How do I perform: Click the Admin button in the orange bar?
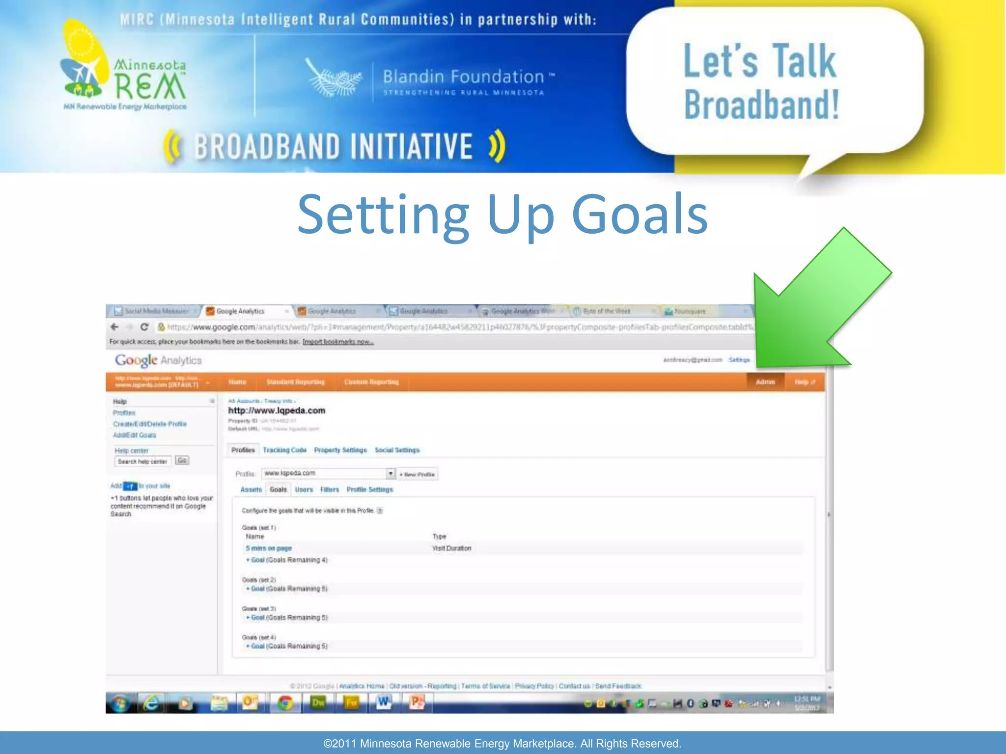point(765,382)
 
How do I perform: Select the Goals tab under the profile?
point(278,489)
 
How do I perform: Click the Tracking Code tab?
point(284,450)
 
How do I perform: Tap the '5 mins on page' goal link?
point(269,548)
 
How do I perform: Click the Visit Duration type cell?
point(451,548)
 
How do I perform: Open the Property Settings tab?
point(340,450)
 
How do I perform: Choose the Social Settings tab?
point(397,450)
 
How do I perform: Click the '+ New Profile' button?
point(417,474)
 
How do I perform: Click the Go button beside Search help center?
point(182,460)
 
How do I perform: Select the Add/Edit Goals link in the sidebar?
point(134,435)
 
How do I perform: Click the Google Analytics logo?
point(158,360)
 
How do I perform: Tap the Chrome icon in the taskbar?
point(285,703)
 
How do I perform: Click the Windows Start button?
point(119,703)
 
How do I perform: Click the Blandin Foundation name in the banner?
point(463,77)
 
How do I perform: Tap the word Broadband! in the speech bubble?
point(761,105)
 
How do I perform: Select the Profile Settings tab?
point(369,489)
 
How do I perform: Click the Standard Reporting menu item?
point(295,382)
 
